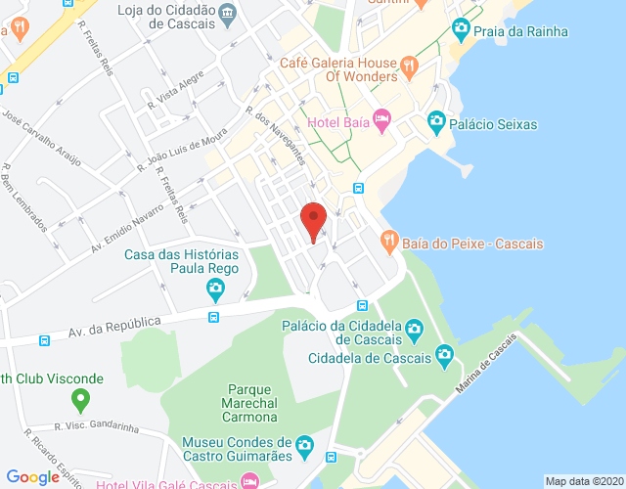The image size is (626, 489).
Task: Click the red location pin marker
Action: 313,219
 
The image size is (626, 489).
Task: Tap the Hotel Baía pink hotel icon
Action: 381,122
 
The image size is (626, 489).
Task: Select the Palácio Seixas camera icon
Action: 436,124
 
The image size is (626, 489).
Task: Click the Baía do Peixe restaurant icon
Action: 389,243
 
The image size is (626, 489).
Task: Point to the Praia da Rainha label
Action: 519,31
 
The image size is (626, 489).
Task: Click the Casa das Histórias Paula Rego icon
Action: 216,289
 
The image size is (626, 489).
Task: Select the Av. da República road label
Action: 114,323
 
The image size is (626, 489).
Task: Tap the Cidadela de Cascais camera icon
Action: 445,356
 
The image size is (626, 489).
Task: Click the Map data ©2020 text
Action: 583,481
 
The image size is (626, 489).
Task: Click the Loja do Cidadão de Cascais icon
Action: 228,12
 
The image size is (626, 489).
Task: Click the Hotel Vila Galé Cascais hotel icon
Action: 250,481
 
